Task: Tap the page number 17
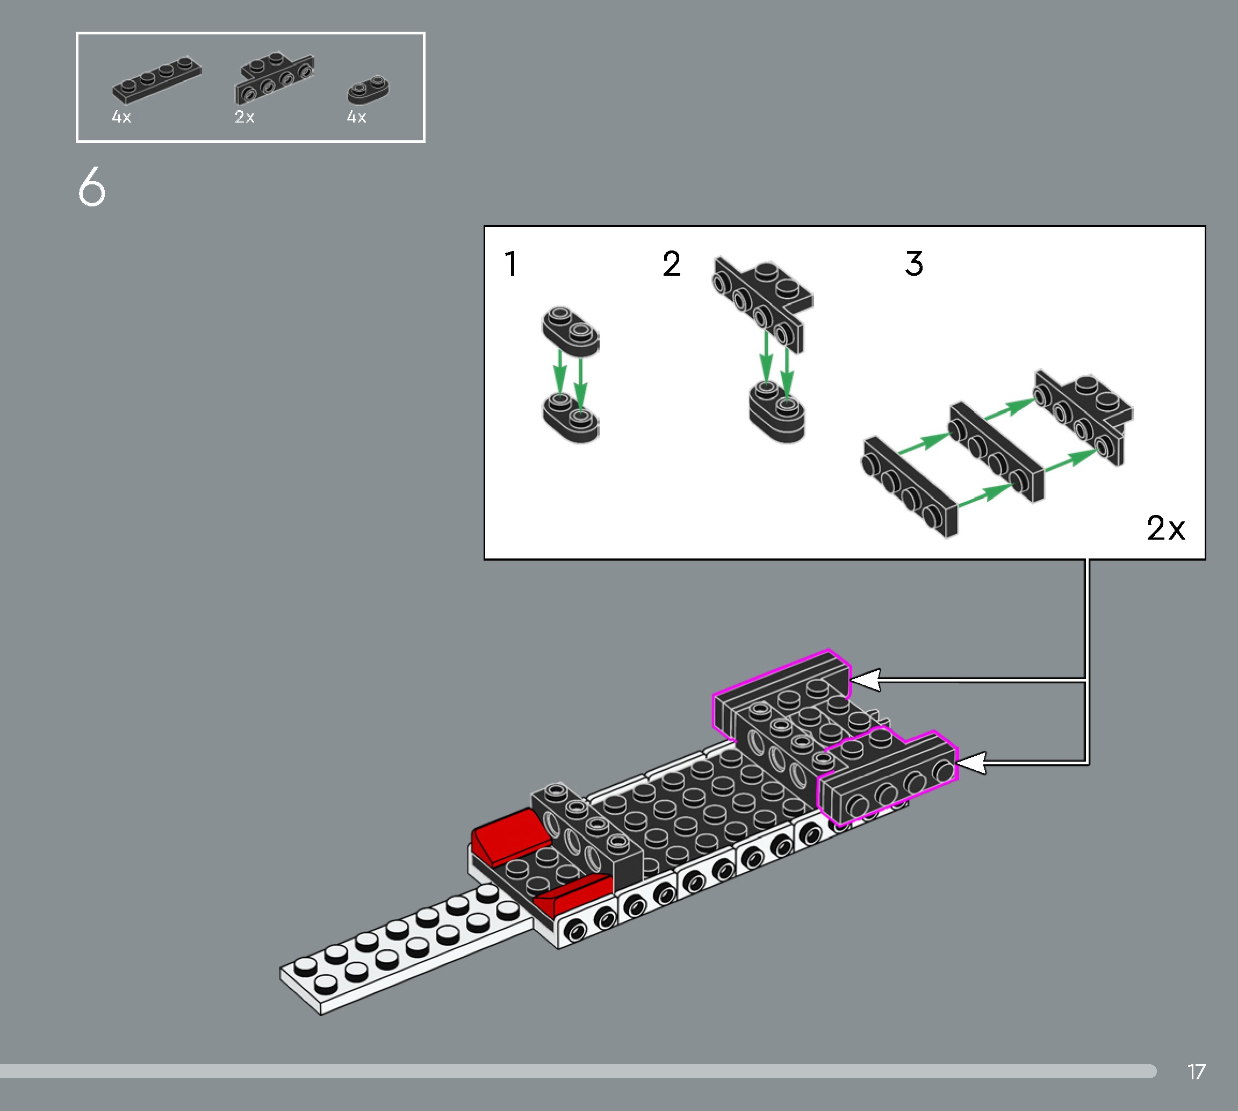click(x=1196, y=1072)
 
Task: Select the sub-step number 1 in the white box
click(x=512, y=264)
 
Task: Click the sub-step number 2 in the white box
click(x=671, y=264)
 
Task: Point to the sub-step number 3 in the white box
click(x=913, y=264)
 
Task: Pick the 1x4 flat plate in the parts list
click(x=156, y=80)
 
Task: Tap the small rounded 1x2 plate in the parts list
click(x=368, y=90)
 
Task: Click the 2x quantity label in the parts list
click(x=244, y=117)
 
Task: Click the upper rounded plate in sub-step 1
click(x=571, y=331)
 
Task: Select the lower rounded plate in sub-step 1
click(x=571, y=418)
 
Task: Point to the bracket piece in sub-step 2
click(x=762, y=299)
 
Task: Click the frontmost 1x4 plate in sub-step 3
click(x=909, y=486)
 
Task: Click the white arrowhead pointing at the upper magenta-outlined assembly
click(x=865, y=679)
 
